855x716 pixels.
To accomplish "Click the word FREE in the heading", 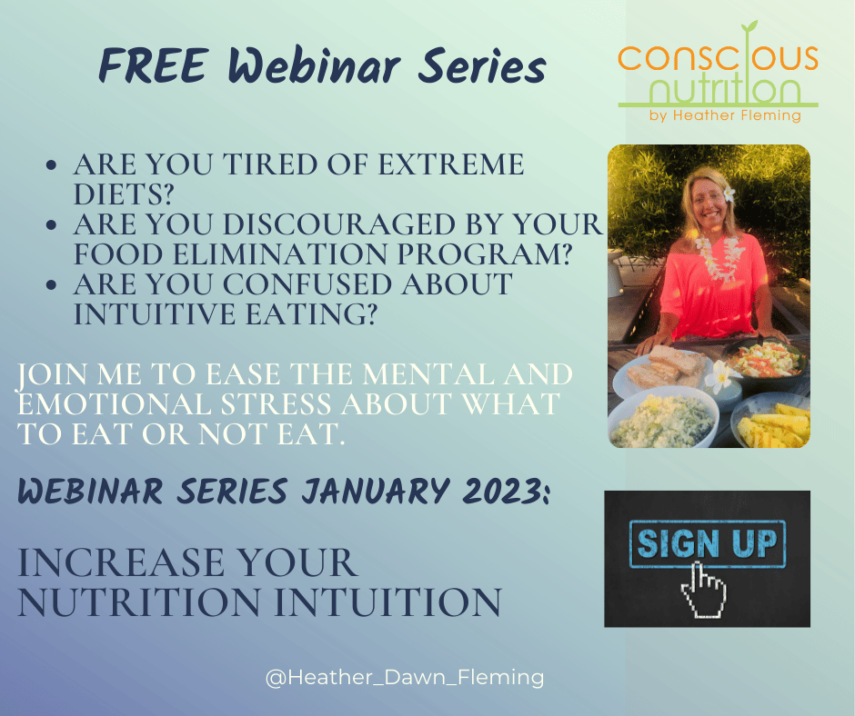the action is [x=154, y=66].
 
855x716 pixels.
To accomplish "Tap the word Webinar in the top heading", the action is [x=314, y=66].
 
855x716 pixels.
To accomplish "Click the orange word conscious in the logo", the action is [x=718, y=56].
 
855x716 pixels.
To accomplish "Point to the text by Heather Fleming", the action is [x=725, y=115].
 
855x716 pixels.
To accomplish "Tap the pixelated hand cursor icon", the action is [x=703, y=591].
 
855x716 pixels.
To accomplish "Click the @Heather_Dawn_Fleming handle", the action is [x=405, y=677].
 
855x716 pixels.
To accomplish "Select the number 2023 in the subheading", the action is [x=504, y=491].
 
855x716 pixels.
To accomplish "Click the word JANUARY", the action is [x=377, y=491].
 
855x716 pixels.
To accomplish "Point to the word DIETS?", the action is [x=123, y=194].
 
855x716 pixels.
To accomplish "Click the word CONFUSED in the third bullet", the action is [x=307, y=283].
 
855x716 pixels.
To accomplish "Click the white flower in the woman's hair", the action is [x=729, y=193].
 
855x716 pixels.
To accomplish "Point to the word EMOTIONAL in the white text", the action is [x=114, y=403].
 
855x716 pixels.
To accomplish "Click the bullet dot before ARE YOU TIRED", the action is [x=52, y=164].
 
